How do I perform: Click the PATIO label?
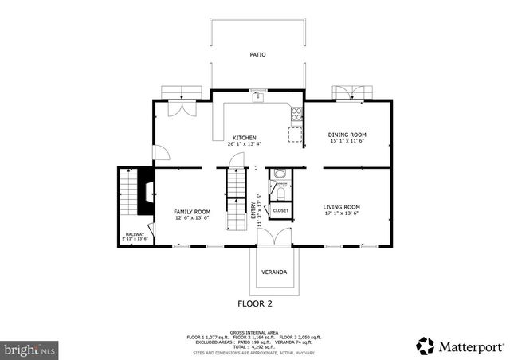pyautogui.click(x=257, y=54)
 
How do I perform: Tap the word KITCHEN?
pyautogui.click(x=244, y=137)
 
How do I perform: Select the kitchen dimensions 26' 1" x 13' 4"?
pyautogui.click(x=244, y=143)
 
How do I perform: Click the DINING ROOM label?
pyautogui.click(x=347, y=135)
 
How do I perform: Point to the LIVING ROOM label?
pyautogui.click(x=341, y=207)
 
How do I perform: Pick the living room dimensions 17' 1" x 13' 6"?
pyautogui.click(x=341, y=213)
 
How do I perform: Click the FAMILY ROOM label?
pyautogui.click(x=191, y=211)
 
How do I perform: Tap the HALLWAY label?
pyautogui.click(x=134, y=234)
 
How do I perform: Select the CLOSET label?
pyautogui.click(x=280, y=210)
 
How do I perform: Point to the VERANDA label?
pyautogui.click(x=274, y=272)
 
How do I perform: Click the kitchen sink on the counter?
pyautogui.click(x=257, y=97)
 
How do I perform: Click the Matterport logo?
pyautogui.click(x=460, y=346)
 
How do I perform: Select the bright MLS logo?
pyautogui.click(x=29, y=349)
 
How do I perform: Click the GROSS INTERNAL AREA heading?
pyautogui.click(x=255, y=331)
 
